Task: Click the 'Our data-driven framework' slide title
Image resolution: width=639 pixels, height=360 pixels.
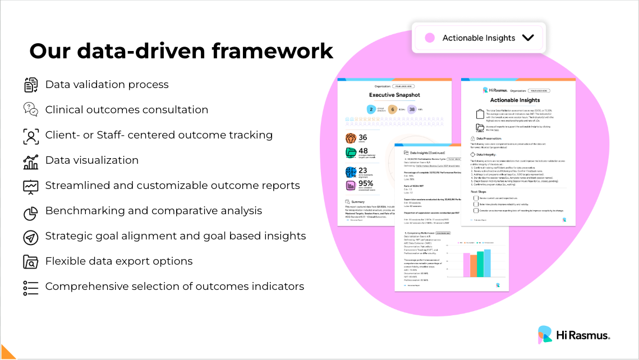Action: pyautogui.click(x=181, y=51)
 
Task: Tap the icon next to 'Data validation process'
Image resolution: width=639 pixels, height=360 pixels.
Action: pyautogui.click(x=31, y=85)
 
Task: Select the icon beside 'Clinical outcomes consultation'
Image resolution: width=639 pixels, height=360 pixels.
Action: pyautogui.click(x=31, y=109)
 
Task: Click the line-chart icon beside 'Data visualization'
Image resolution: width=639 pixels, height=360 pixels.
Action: pyautogui.click(x=31, y=161)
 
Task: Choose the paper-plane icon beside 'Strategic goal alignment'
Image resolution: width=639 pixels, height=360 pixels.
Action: pyautogui.click(x=31, y=237)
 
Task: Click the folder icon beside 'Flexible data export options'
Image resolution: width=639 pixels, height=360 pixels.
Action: pyautogui.click(x=31, y=262)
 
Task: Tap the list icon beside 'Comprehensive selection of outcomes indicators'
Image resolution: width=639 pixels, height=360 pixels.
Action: pyautogui.click(x=31, y=287)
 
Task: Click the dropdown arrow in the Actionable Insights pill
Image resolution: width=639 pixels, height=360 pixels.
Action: pyautogui.click(x=528, y=38)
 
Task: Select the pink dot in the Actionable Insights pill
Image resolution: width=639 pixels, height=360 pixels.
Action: pyautogui.click(x=430, y=38)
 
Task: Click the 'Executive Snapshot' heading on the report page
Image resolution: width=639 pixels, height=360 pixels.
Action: pyautogui.click(x=394, y=96)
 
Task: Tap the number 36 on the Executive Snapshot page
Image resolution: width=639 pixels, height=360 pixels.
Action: pyautogui.click(x=363, y=137)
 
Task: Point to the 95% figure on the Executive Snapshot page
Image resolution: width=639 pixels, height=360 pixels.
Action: pyautogui.click(x=366, y=184)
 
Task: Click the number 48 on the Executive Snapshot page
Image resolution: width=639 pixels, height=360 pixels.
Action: pyautogui.click(x=363, y=151)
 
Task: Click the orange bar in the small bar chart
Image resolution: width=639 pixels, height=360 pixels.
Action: pyautogui.click(x=473, y=266)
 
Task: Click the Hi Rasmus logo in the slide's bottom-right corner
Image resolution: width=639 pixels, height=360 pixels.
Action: pyautogui.click(x=573, y=335)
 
